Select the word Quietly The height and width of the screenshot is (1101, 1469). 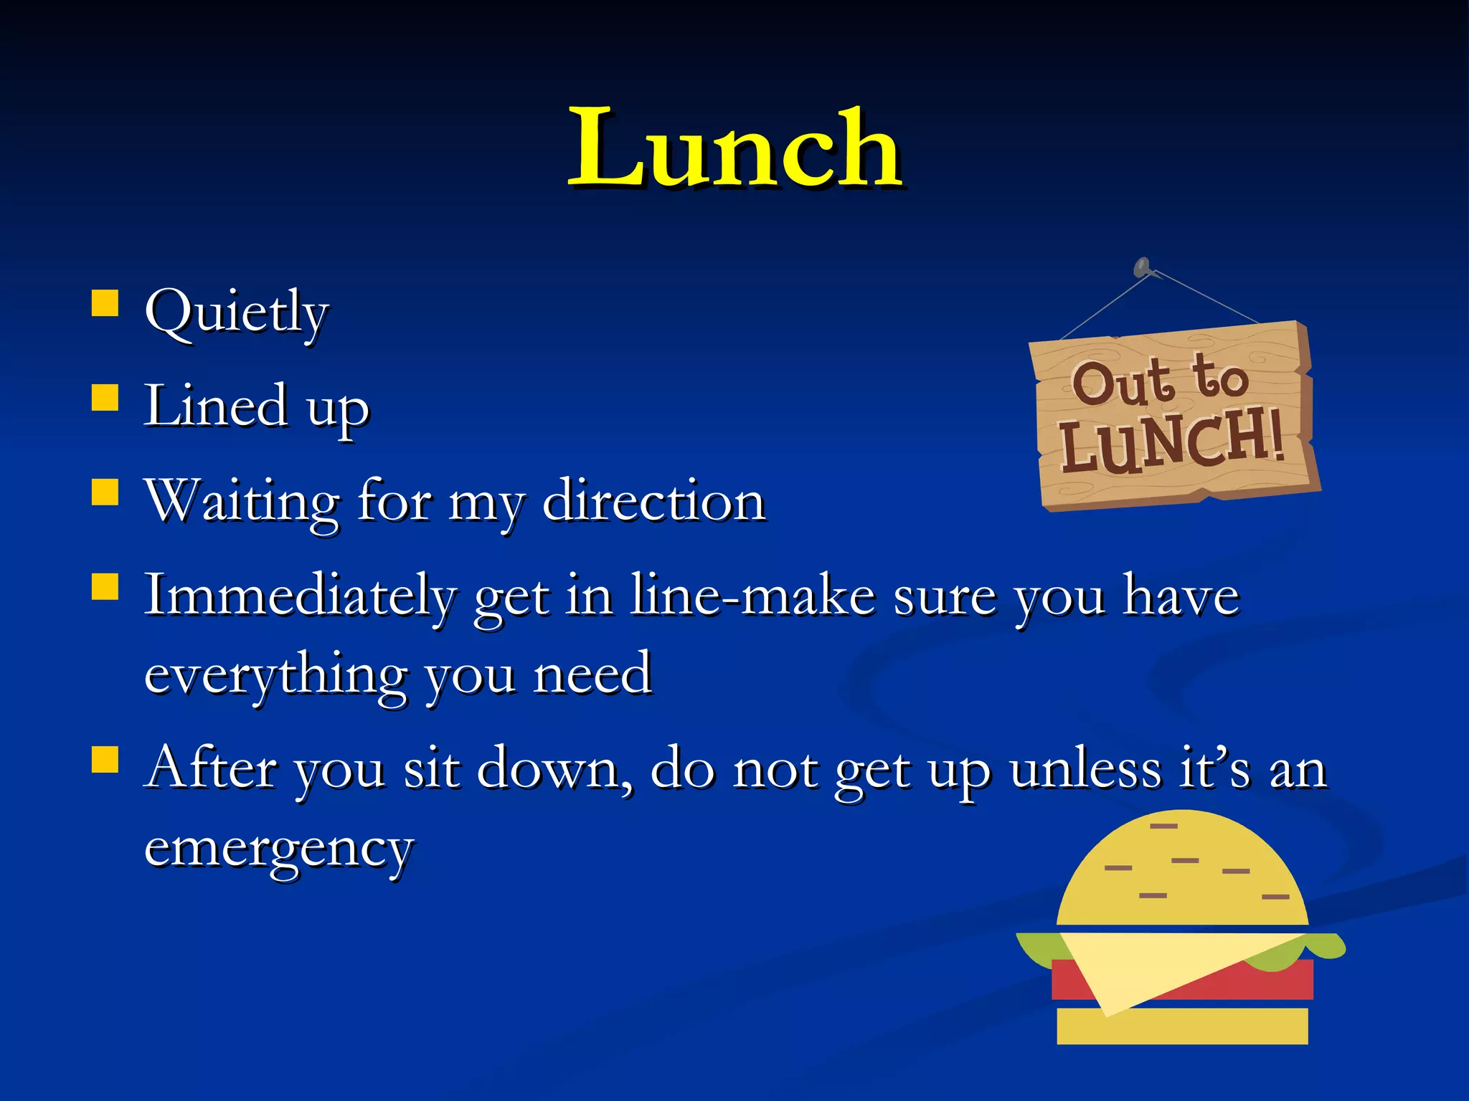point(236,313)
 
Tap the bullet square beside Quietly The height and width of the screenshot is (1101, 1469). point(105,302)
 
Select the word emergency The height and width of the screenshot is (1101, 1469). point(279,848)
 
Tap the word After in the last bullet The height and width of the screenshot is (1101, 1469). point(211,768)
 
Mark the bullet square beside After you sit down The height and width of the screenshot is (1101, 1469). point(105,760)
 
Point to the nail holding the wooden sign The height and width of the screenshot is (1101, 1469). point(1142,267)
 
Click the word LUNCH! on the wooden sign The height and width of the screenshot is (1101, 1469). point(1171,442)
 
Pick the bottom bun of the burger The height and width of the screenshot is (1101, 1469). point(1182,1026)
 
